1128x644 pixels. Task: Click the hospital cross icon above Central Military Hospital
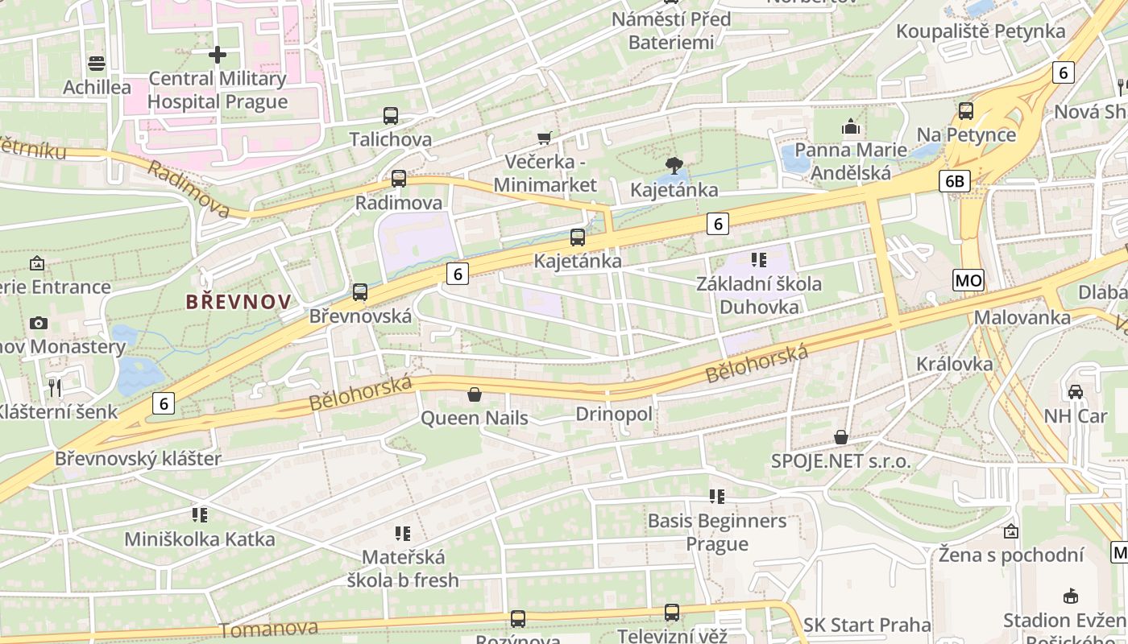(217, 55)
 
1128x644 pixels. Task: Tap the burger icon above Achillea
(97, 64)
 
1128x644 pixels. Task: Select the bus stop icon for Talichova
(391, 116)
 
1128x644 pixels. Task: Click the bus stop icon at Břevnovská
(360, 292)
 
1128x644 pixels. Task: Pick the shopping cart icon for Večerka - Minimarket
(545, 138)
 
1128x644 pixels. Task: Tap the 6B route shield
(953, 181)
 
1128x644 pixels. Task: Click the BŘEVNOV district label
(238, 302)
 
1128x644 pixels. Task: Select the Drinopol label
(613, 414)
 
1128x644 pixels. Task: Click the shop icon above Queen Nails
(475, 394)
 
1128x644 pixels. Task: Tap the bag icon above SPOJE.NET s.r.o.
(841, 437)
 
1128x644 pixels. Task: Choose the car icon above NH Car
(1075, 392)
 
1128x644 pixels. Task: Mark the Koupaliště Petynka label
(981, 31)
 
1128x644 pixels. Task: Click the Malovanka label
(1022, 317)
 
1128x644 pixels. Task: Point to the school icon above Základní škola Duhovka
(759, 259)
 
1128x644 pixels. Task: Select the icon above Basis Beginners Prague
(717, 497)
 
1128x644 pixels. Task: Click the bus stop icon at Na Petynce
(966, 111)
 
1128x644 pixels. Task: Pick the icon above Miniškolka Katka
(200, 514)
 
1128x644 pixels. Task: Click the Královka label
(955, 364)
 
